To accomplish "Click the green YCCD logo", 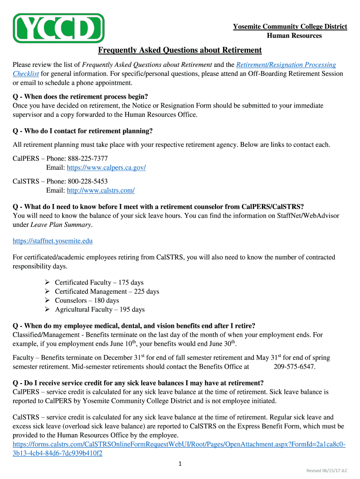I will tap(59, 28).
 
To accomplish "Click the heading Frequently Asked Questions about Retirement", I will tap(180, 51).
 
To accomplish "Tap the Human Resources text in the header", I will tap(294, 36).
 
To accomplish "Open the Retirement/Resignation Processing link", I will tap(286, 65).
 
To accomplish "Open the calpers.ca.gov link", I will tap(106, 167).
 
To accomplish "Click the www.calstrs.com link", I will tap(101, 190).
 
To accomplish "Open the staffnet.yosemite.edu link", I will tap(52, 241).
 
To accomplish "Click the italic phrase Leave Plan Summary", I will tap(61, 225).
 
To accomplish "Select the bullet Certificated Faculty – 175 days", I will tap(99, 283).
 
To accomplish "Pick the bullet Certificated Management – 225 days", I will tap(107, 291).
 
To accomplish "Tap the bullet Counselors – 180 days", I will tap(87, 300).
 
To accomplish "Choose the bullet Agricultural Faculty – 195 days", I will tap(100, 310).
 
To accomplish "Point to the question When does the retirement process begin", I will tap(80, 97).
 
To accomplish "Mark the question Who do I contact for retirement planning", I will tap(83, 131).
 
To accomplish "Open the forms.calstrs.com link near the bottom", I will tap(179, 444).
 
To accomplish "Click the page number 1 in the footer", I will tap(180, 464).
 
